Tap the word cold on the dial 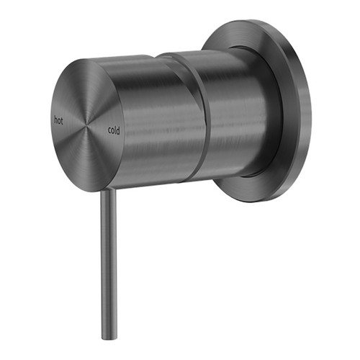tap(113, 130)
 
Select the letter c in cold tap(108, 130)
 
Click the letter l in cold tap(115, 130)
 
